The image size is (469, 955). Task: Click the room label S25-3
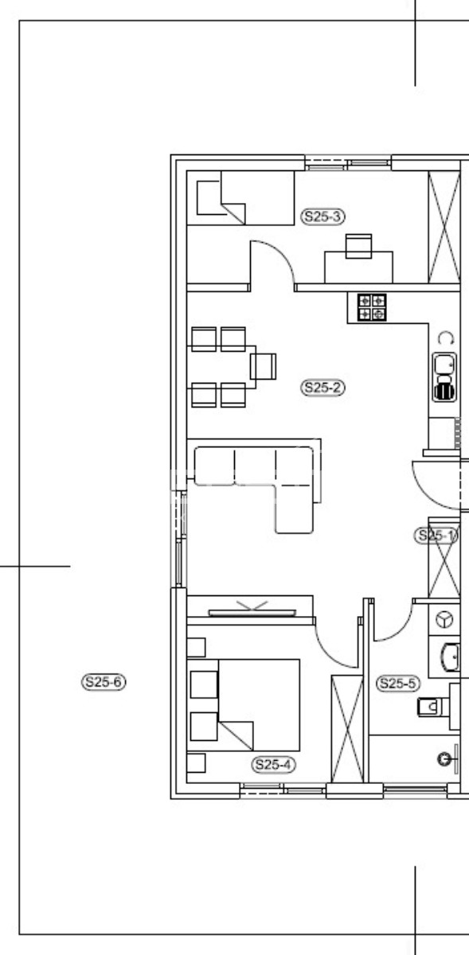(322, 216)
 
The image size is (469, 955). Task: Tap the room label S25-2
(322, 388)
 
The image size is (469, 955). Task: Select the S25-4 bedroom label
(273, 765)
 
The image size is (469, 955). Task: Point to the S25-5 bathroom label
(397, 684)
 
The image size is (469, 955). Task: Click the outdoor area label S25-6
(104, 682)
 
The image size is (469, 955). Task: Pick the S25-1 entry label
(436, 535)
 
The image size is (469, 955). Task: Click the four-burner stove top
(372, 307)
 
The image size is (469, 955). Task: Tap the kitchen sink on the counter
(444, 377)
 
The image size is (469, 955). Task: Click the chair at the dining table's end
(263, 367)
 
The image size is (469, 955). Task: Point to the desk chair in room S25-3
(358, 246)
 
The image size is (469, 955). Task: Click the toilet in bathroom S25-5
(432, 707)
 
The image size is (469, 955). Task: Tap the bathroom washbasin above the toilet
(451, 657)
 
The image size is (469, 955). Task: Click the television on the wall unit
(252, 613)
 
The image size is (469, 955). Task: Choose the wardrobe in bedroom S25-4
(347, 728)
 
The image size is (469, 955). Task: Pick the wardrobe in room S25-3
(444, 227)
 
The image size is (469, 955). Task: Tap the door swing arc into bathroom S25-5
(402, 630)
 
